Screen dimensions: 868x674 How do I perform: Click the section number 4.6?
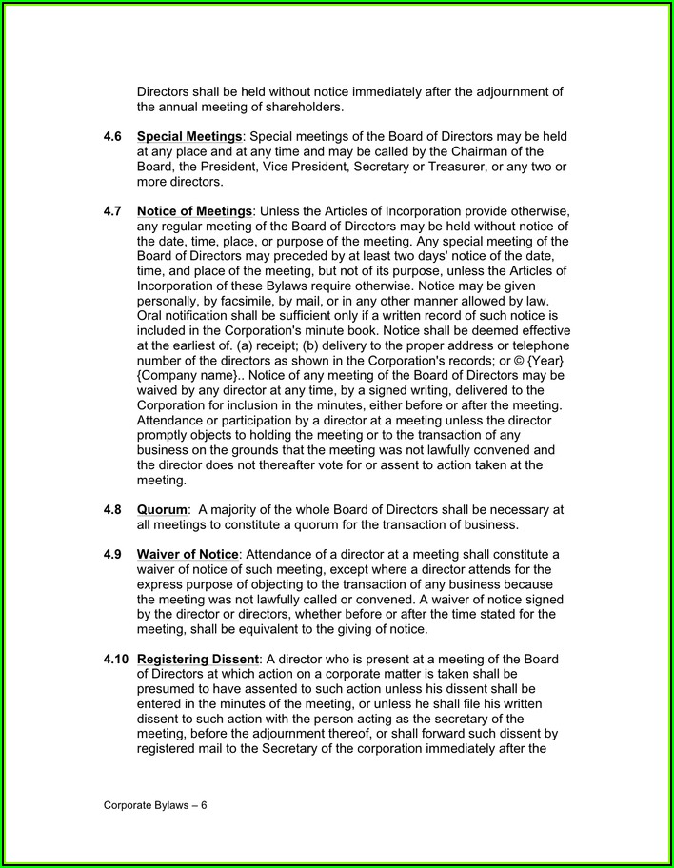(x=111, y=137)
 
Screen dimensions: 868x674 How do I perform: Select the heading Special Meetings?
(x=188, y=137)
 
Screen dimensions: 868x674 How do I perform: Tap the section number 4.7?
(x=111, y=210)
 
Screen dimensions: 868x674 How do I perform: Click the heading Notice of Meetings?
(x=194, y=210)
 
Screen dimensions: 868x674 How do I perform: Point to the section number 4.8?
(x=111, y=510)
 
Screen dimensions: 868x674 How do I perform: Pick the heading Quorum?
(x=161, y=510)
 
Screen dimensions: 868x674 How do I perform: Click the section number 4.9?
(x=111, y=555)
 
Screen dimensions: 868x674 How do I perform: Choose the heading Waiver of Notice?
(x=188, y=555)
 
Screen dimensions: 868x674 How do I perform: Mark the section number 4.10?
(x=115, y=660)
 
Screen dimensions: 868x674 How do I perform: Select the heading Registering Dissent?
(x=198, y=660)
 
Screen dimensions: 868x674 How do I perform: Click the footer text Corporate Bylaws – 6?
(x=155, y=804)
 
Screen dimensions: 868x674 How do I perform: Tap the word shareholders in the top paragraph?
(x=289, y=107)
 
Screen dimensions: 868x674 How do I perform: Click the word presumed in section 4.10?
(x=166, y=689)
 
